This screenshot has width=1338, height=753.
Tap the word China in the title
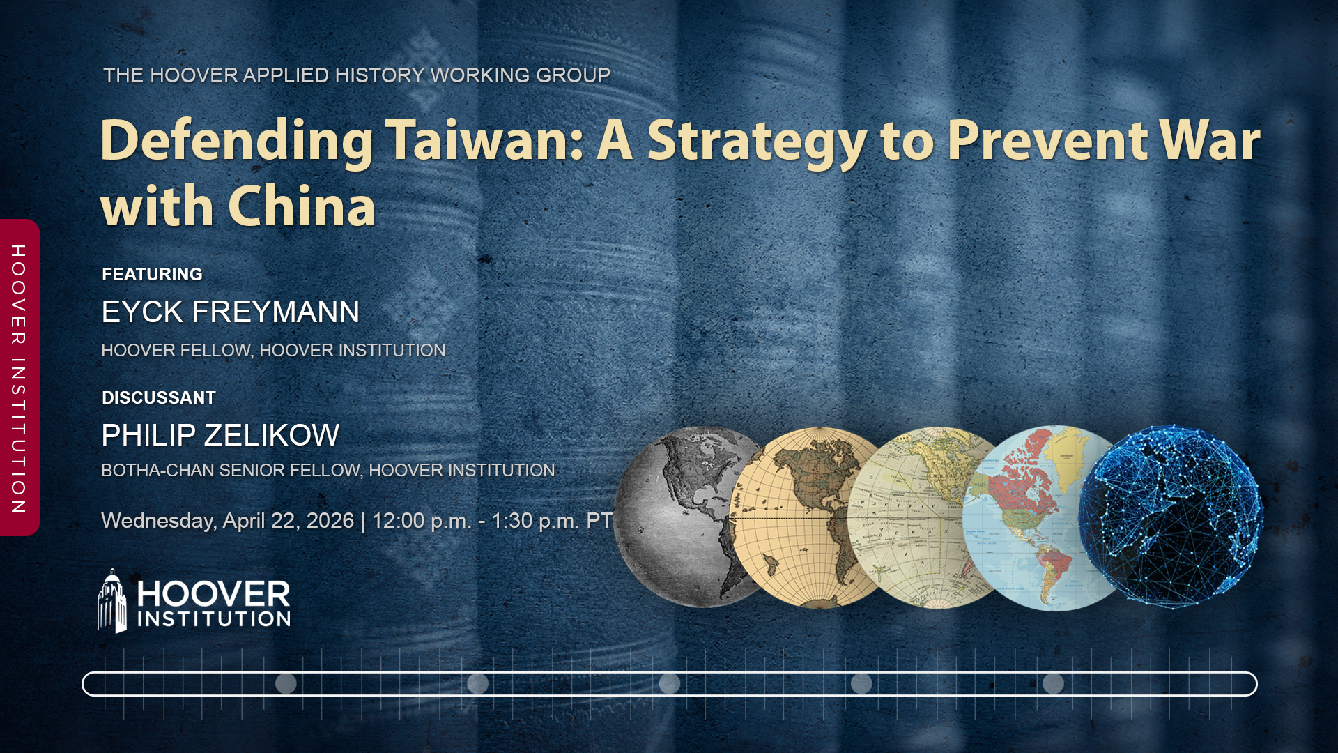(x=302, y=207)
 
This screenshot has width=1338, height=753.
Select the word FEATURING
(x=152, y=274)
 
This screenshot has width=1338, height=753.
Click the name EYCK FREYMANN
(x=230, y=312)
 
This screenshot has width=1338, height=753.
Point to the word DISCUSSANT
(x=159, y=397)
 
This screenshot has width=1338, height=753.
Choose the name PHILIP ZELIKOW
(x=220, y=435)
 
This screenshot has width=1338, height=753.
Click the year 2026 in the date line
(x=330, y=521)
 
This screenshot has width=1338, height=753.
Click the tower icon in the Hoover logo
(x=112, y=601)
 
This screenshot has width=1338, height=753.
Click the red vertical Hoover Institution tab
(x=20, y=378)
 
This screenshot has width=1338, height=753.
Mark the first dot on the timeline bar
(x=286, y=683)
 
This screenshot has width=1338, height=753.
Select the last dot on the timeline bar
(x=1053, y=683)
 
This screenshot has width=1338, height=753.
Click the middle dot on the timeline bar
(x=670, y=683)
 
